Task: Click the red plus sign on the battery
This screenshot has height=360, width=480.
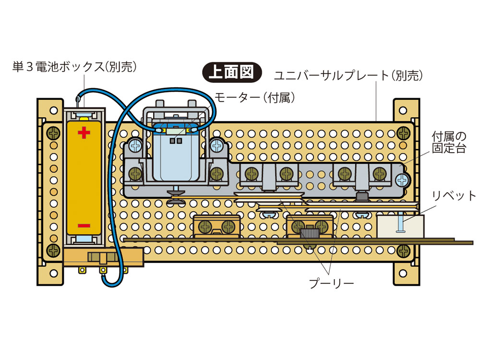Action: point(84,132)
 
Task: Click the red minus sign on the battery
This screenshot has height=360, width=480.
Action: point(84,225)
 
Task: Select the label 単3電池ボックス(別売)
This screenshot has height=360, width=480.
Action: point(74,67)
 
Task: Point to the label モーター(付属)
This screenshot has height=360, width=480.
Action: point(254,97)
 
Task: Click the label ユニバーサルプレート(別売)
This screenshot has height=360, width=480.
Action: point(348,75)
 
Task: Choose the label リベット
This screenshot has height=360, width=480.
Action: point(454,196)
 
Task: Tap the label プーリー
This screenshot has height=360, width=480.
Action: point(331,283)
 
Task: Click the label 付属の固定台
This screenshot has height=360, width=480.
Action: point(449,143)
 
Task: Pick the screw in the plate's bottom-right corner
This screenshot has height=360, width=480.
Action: point(404,250)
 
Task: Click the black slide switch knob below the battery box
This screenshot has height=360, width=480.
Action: point(103,258)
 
